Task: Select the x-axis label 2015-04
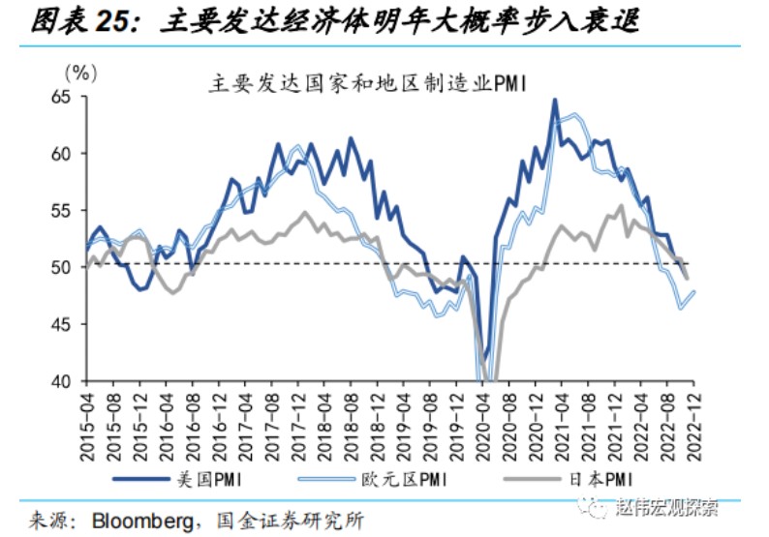click(88, 419)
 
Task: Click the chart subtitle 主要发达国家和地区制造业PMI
click(367, 84)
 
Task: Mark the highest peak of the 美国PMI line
click(555, 100)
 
